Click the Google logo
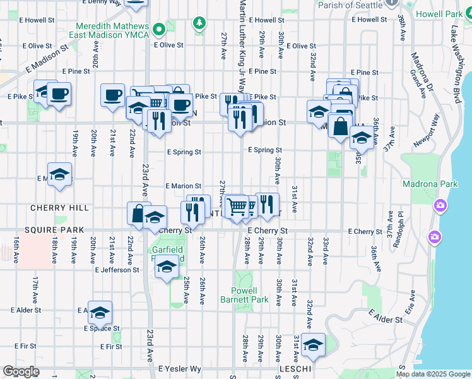(x=21, y=371)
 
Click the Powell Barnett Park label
(x=249, y=295)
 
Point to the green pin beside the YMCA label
(x=159, y=28)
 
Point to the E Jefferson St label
(x=117, y=270)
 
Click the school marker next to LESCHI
(x=312, y=345)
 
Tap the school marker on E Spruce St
(x=100, y=313)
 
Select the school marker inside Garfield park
(x=166, y=269)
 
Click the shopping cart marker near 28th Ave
(x=237, y=206)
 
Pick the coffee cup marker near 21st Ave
(x=113, y=95)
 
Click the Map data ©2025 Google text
(x=432, y=374)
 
